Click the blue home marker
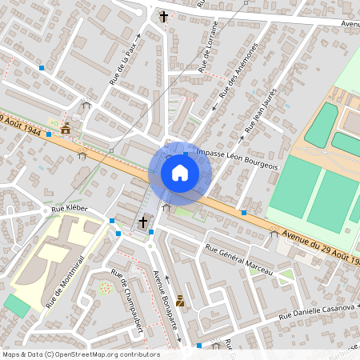[180, 173]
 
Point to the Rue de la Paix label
[124, 65]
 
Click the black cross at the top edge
[164, 16]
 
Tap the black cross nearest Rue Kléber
[144, 222]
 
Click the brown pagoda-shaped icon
[66, 127]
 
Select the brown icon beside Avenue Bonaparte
[180, 301]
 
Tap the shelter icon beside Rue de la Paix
[86, 103]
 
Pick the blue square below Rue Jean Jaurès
[243, 213]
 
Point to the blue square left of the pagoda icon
[49, 134]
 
